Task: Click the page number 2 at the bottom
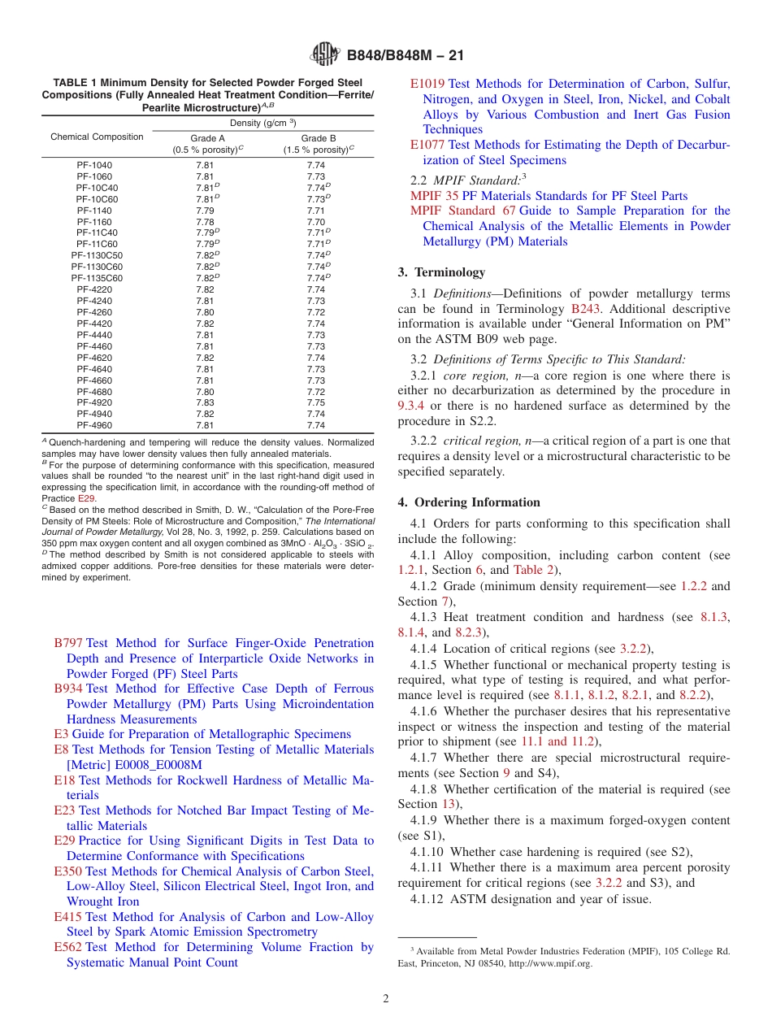coord(386,998)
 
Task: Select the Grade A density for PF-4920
coord(205,402)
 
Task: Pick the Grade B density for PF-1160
coord(316,222)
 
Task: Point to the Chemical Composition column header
coord(97,137)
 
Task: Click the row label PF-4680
coord(95,391)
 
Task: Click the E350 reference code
coord(67,871)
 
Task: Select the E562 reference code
coord(67,947)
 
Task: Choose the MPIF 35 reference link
coord(435,196)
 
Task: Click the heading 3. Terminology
coord(441,272)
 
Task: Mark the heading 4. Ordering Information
coord(469,502)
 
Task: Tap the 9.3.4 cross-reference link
coord(412,406)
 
